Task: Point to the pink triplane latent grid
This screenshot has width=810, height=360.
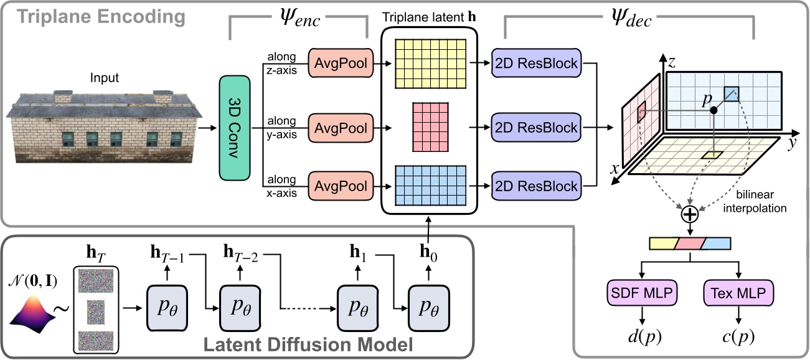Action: point(430,128)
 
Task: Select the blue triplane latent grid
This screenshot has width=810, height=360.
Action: point(430,185)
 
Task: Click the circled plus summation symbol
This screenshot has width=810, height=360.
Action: point(689,216)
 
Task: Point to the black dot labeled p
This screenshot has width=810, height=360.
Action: point(713,110)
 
